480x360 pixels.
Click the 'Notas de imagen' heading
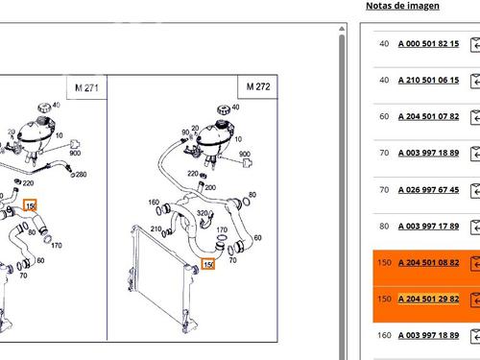point(402,6)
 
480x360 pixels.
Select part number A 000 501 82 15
point(428,43)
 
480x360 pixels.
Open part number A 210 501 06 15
point(428,80)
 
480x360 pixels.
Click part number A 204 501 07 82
point(428,116)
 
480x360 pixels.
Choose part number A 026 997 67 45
point(428,190)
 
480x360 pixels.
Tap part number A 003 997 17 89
point(428,227)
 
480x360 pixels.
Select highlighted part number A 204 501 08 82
point(428,263)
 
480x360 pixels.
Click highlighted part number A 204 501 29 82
point(428,299)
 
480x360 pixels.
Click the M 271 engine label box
point(86,87)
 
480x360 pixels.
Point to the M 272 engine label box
point(258,86)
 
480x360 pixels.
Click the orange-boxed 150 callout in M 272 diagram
point(208,264)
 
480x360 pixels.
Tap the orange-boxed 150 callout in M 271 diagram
point(30,205)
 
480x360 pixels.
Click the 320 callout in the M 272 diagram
point(203,213)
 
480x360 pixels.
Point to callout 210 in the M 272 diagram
point(156,228)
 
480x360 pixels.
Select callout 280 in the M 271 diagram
point(81,175)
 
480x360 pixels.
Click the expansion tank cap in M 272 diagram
point(224,109)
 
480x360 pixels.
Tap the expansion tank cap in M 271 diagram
point(44,108)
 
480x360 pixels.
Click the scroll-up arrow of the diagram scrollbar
point(342,29)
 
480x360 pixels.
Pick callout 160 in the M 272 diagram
point(154,203)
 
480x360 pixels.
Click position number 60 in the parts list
point(384,116)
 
